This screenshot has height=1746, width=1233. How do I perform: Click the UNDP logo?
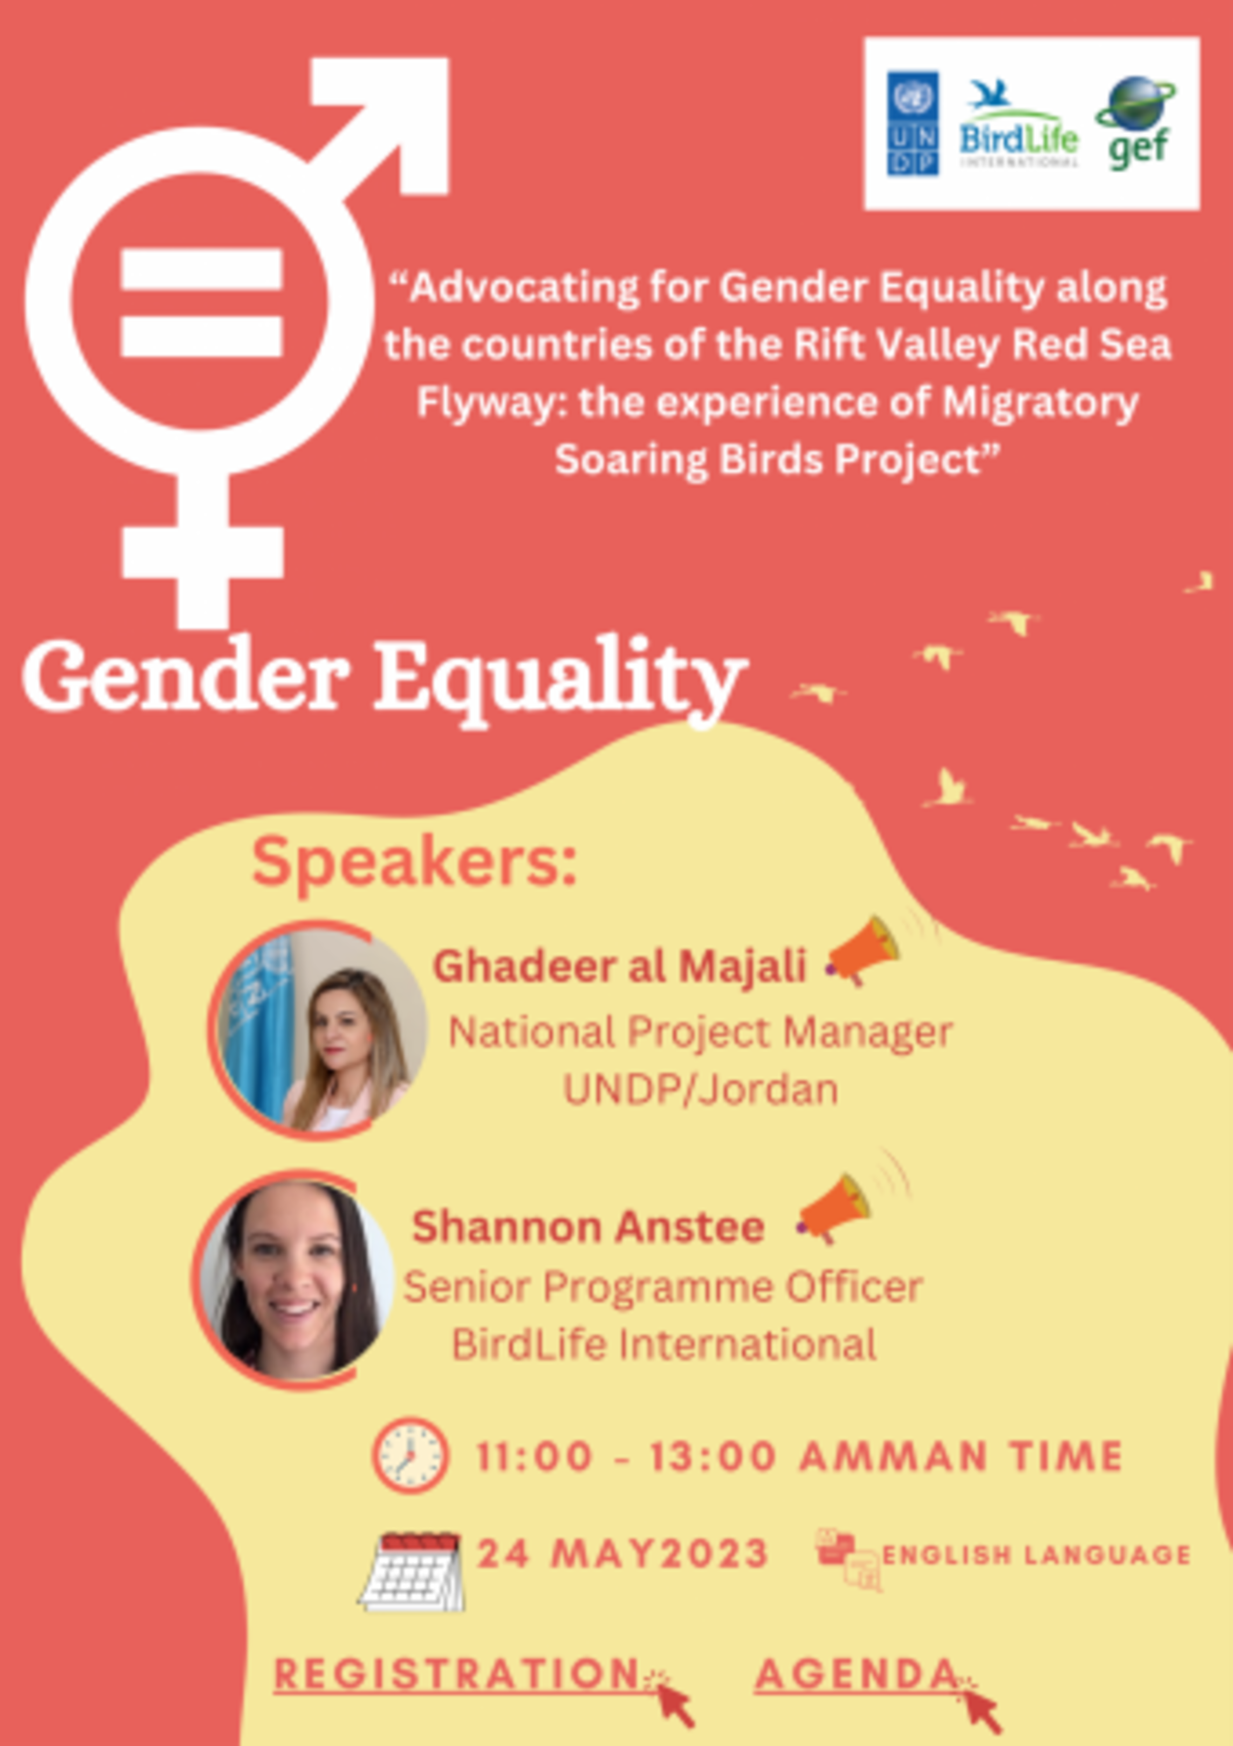click(x=912, y=123)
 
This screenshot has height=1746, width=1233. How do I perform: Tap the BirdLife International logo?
click(x=1018, y=124)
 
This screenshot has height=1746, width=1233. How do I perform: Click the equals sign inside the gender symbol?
click(x=202, y=302)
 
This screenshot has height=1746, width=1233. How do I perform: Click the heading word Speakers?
click(x=415, y=865)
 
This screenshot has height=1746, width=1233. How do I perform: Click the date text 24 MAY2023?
click(x=622, y=1553)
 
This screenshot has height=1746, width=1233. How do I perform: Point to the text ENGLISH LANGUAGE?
click(x=1036, y=1555)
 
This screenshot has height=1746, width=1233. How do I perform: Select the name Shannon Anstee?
click(x=588, y=1227)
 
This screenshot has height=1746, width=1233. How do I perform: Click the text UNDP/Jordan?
click(x=701, y=1089)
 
